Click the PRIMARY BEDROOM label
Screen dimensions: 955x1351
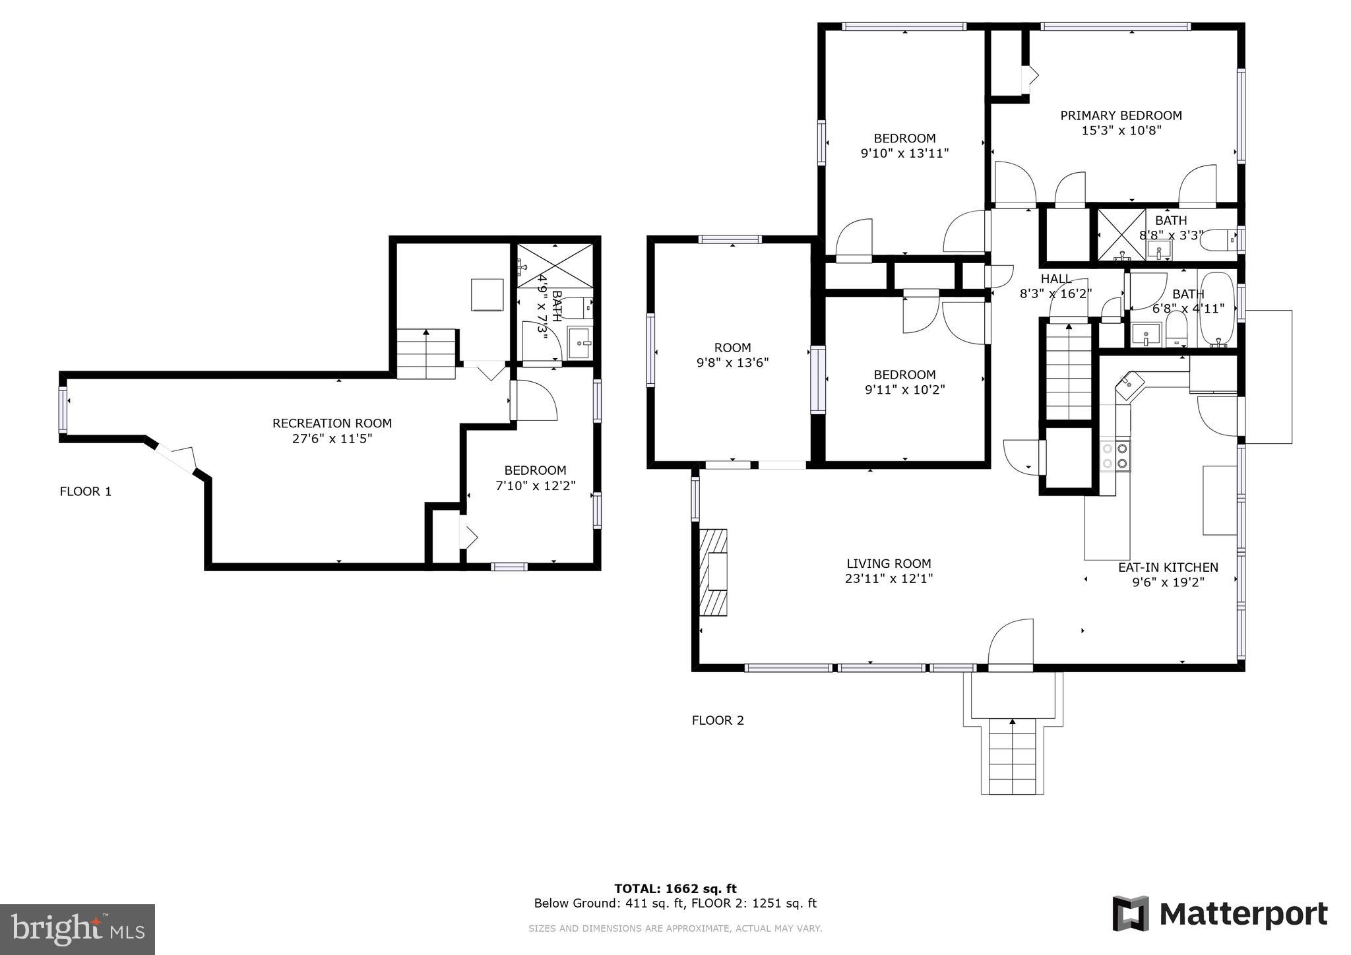(x=1121, y=115)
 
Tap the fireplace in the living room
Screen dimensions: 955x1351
(x=714, y=572)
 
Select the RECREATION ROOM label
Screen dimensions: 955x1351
(x=332, y=423)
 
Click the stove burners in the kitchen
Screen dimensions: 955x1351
(x=1115, y=456)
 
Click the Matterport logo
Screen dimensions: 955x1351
(x=1220, y=914)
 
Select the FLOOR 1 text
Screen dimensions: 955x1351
(x=86, y=491)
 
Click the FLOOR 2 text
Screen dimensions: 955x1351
(x=718, y=720)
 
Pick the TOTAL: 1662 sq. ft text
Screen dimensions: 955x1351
(x=675, y=888)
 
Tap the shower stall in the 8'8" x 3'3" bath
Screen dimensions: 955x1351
(x=1121, y=233)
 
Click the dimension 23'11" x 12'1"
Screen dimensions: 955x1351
(x=889, y=579)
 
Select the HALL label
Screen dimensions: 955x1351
(x=1056, y=279)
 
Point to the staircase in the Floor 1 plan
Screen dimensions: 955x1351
(x=426, y=354)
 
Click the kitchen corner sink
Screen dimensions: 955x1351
(x=1129, y=383)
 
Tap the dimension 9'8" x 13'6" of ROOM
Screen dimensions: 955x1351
(x=732, y=362)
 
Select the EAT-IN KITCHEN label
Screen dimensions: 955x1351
(x=1168, y=567)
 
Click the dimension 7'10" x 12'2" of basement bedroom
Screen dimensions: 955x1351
(x=535, y=485)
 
